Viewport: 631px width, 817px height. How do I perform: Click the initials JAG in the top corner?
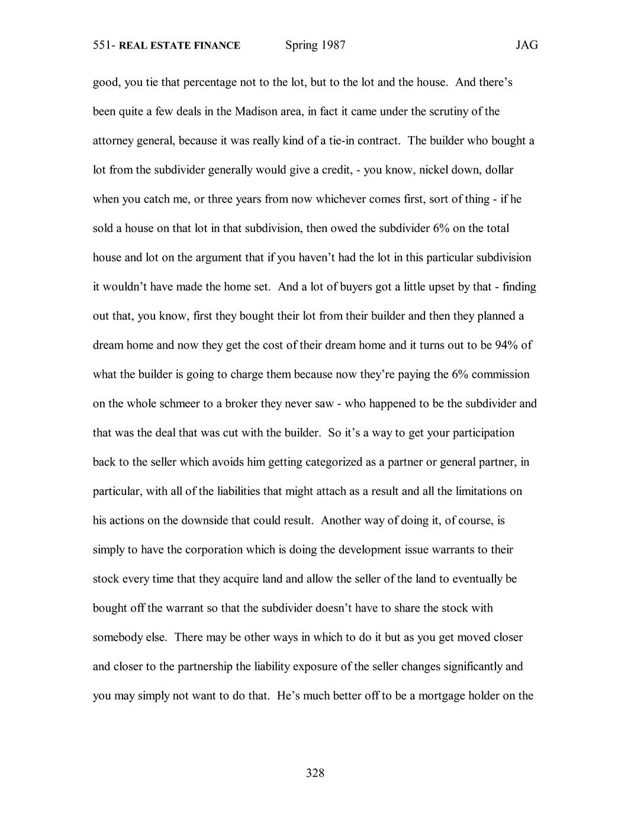(526, 45)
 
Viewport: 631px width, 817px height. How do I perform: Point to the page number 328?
(315, 773)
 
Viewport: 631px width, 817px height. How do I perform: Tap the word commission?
(501, 375)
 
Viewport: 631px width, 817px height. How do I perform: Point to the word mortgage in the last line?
(442, 696)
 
